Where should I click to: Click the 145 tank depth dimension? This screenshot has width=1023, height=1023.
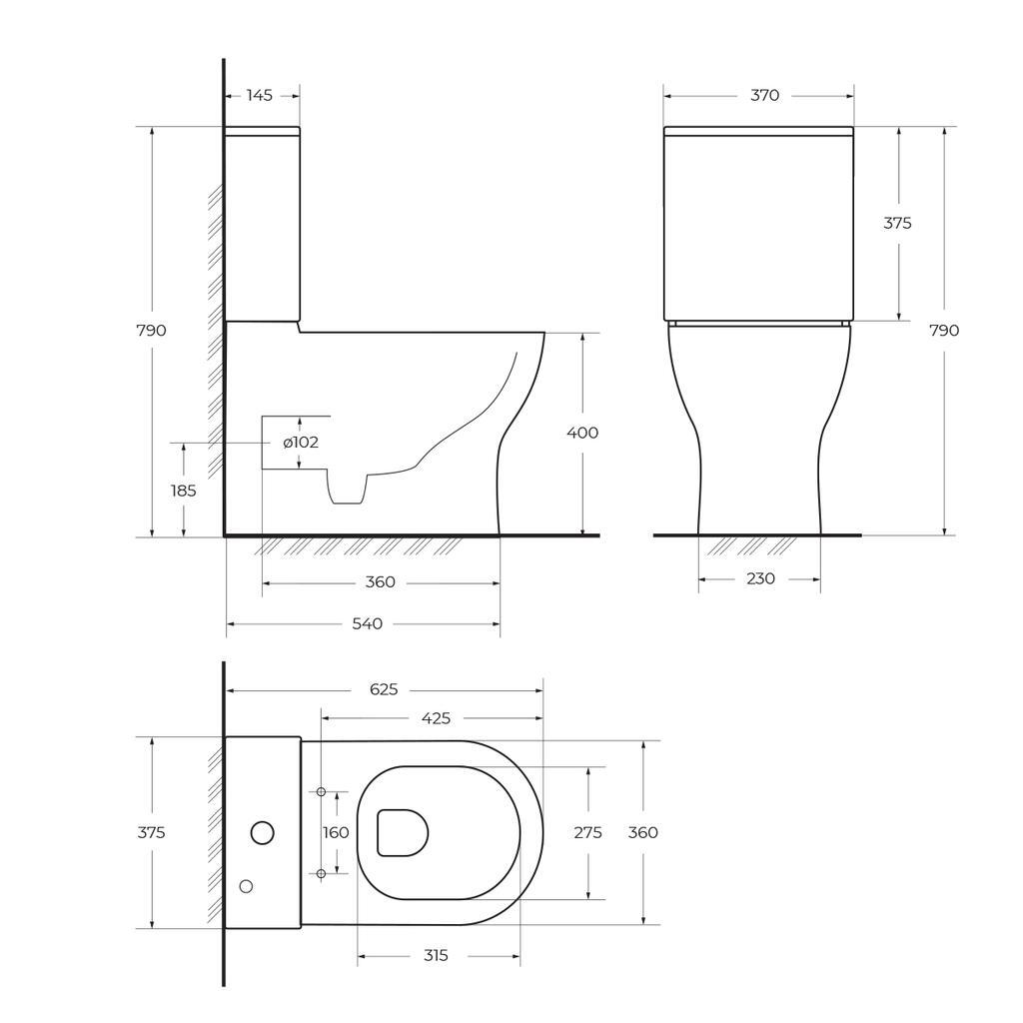tap(259, 96)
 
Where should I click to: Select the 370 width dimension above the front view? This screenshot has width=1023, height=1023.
tap(764, 96)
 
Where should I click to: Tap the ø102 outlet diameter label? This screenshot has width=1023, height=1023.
tap(301, 443)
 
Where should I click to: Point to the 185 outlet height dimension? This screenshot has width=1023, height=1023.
tap(183, 491)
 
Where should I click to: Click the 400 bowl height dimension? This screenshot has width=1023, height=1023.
tap(582, 433)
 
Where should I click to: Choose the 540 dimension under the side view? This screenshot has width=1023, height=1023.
tap(367, 623)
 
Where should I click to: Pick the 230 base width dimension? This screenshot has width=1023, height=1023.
tap(760, 578)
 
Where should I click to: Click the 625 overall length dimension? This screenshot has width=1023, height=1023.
tap(384, 689)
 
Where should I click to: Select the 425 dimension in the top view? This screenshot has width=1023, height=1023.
tap(437, 718)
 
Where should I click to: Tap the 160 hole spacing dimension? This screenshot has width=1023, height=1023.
tap(336, 832)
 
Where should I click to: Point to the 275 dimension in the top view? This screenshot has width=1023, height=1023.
tap(587, 832)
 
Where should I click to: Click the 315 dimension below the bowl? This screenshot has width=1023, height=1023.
tap(436, 956)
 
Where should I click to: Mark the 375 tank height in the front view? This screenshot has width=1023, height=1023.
tap(897, 223)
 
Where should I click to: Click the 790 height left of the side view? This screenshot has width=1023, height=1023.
tap(152, 331)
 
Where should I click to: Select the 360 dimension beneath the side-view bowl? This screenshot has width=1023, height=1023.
tap(381, 582)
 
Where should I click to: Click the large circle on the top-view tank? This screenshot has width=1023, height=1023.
tap(262, 832)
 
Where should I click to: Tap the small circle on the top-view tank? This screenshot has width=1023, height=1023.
tap(246, 886)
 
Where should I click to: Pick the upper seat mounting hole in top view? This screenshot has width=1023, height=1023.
tap(321, 792)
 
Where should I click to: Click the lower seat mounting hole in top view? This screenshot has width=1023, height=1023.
tap(321, 873)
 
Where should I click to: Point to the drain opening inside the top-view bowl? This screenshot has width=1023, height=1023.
tap(402, 832)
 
